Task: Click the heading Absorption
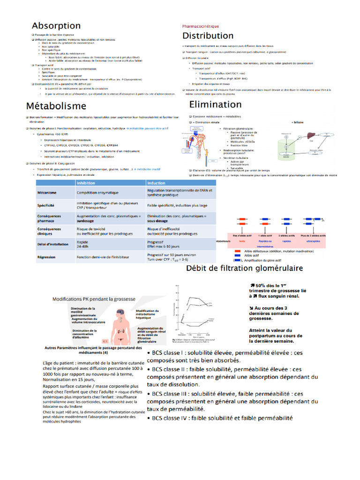pyautogui.click(x=56, y=26)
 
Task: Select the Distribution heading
pyautogui.click(x=208, y=36)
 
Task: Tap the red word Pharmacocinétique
pyautogui.click(x=201, y=26)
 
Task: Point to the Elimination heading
pyautogui.click(x=215, y=105)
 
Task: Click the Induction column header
pyautogui.click(x=156, y=183)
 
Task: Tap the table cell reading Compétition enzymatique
pyautogui.click(x=98, y=193)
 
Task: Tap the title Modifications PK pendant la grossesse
pyautogui.click(x=94, y=299)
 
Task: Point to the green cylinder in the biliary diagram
pyautogui.click(x=283, y=145)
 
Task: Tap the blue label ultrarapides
pyautogui.click(x=313, y=241)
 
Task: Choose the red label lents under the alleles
pyautogui.click(x=242, y=241)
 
